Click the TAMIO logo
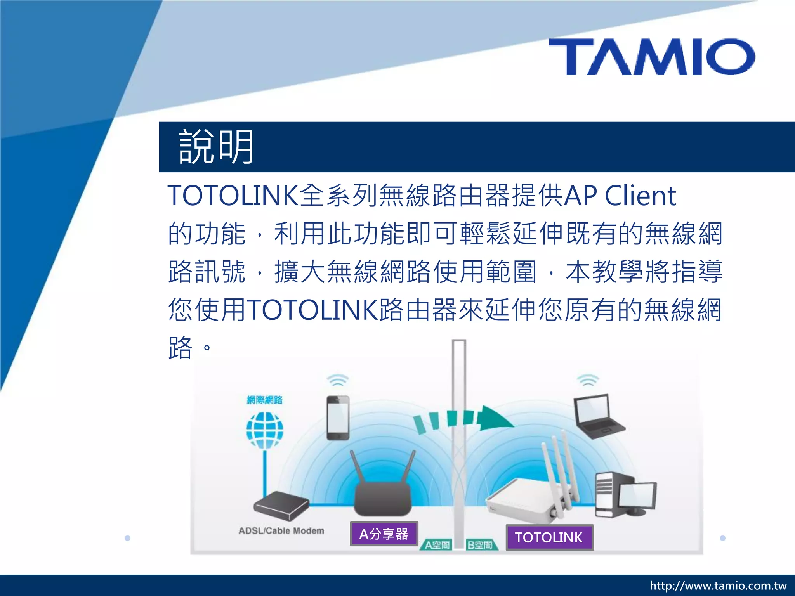652,57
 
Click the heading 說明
216,147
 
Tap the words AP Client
620,196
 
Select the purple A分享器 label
384,534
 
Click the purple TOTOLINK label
549,537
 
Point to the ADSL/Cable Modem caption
281,530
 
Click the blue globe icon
265,430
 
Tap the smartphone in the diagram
338,418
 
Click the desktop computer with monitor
625,495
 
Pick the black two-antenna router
383,493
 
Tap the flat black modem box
281,505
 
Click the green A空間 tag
437,545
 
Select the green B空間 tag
480,545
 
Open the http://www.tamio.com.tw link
718,586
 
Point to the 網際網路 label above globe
265,400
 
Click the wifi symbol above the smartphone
338,380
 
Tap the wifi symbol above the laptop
588,380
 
